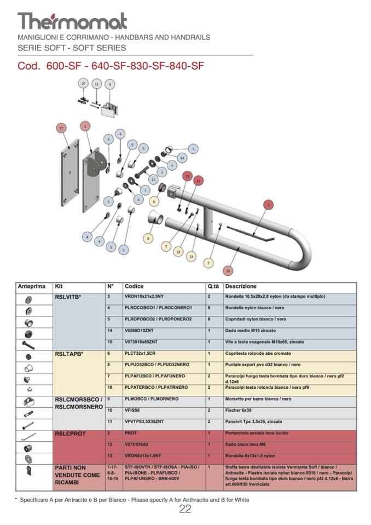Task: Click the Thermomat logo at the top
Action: click(72, 21)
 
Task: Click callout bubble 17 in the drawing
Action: click(61, 128)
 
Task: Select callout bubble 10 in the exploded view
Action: click(83, 83)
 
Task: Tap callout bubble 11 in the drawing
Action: click(97, 84)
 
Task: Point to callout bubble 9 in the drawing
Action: click(110, 84)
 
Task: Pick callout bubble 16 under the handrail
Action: click(228, 269)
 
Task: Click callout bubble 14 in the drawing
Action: click(182, 157)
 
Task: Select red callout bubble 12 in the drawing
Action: click(187, 176)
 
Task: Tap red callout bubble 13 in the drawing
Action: click(198, 180)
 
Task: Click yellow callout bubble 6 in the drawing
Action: click(154, 201)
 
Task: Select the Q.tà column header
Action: click(213, 286)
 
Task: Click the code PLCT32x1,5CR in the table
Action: click(141, 353)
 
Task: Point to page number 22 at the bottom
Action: click(185, 509)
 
